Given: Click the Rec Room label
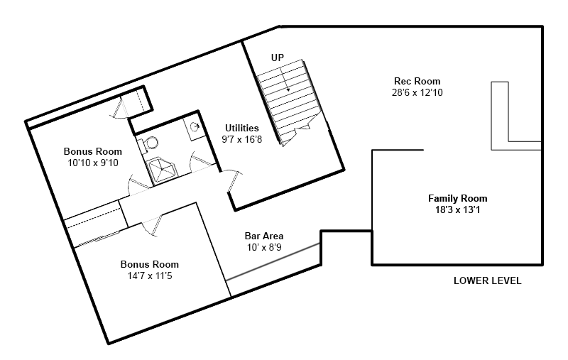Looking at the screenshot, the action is click(x=417, y=81).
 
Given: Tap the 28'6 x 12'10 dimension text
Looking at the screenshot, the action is click(x=417, y=92).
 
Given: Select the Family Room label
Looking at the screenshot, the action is click(x=457, y=199).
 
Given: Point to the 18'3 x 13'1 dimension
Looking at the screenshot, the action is click(x=457, y=209).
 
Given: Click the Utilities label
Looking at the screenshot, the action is click(x=242, y=128).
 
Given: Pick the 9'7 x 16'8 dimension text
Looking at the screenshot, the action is click(x=242, y=139).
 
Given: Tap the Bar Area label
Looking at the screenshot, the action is click(x=264, y=236).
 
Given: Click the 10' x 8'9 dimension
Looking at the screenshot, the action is click(x=264, y=247).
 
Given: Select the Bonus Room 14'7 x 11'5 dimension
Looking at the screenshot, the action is click(x=150, y=276).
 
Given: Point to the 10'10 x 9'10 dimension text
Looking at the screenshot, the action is click(x=93, y=163).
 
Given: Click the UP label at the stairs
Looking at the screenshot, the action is click(x=278, y=58).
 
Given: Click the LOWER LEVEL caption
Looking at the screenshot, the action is click(x=488, y=280).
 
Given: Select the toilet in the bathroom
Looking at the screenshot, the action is click(x=148, y=143).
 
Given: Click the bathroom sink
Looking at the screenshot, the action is click(x=194, y=127).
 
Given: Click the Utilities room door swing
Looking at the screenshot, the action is click(x=232, y=180).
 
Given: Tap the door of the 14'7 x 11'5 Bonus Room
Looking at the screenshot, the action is click(x=152, y=225).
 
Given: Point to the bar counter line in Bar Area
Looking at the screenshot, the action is click(x=273, y=262).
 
